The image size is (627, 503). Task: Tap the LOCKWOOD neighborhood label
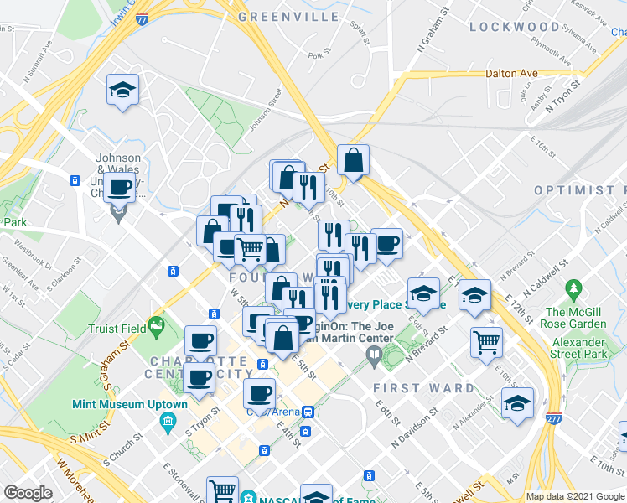click(x=514, y=27)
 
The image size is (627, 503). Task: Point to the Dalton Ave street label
click(x=511, y=74)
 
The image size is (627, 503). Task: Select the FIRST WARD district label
click(x=423, y=389)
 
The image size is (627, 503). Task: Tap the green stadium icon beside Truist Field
click(x=155, y=324)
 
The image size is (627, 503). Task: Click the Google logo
click(x=28, y=493)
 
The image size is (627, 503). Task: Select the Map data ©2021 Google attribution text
click(x=575, y=496)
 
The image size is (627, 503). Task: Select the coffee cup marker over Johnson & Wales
click(x=120, y=187)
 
